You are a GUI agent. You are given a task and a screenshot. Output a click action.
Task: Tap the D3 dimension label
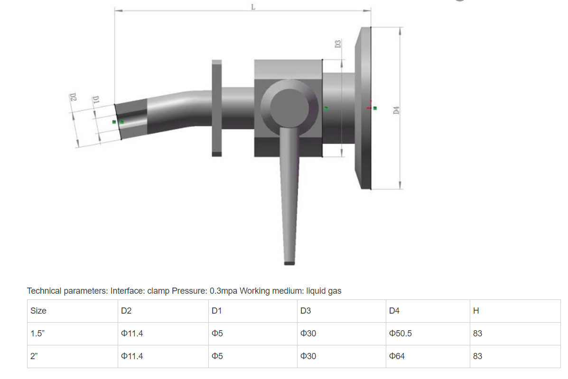[338, 44]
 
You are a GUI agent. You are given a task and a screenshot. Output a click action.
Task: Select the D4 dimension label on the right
[396, 109]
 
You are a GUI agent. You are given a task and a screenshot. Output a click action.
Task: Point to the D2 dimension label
[73, 97]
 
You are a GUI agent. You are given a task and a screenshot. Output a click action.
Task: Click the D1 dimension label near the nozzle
[95, 100]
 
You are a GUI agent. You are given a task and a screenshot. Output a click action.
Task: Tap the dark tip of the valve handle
[289, 262]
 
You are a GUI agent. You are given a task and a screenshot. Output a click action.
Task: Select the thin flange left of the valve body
[216, 108]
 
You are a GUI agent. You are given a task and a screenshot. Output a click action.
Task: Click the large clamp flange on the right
[365, 108]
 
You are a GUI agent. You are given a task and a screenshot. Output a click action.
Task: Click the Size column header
[38, 311]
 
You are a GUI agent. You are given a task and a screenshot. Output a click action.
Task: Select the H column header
[476, 311]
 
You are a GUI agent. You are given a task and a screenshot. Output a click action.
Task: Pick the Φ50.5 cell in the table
[400, 334]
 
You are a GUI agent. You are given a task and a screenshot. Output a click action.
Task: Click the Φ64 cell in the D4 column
[397, 356]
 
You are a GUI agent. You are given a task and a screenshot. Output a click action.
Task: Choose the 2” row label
[34, 356]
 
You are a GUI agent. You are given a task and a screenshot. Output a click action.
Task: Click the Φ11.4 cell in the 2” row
[132, 356]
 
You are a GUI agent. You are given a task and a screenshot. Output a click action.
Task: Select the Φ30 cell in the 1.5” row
[308, 334]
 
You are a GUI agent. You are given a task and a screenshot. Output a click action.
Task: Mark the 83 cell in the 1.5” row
[477, 334]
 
